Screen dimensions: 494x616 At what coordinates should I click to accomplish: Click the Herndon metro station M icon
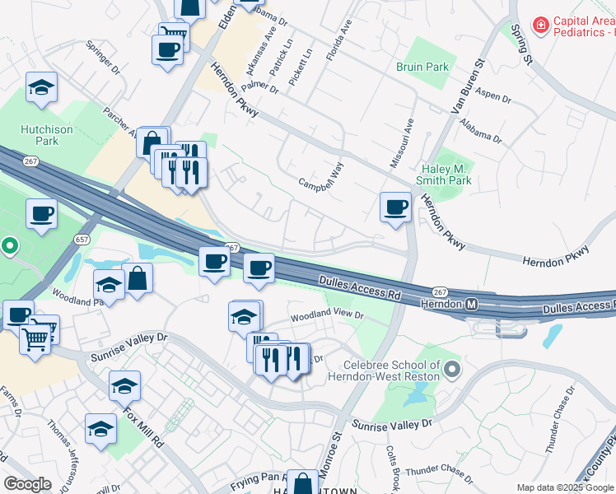coord(472,304)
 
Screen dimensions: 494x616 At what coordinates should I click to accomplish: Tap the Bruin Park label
coord(422,67)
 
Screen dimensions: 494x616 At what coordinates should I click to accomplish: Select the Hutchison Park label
coord(48,135)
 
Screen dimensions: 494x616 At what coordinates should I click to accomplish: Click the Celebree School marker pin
coord(451,370)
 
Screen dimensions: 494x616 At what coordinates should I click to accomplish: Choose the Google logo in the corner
coord(27,484)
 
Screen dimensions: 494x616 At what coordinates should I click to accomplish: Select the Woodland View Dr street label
coord(325,316)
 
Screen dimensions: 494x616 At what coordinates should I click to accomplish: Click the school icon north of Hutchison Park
coord(40,87)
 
